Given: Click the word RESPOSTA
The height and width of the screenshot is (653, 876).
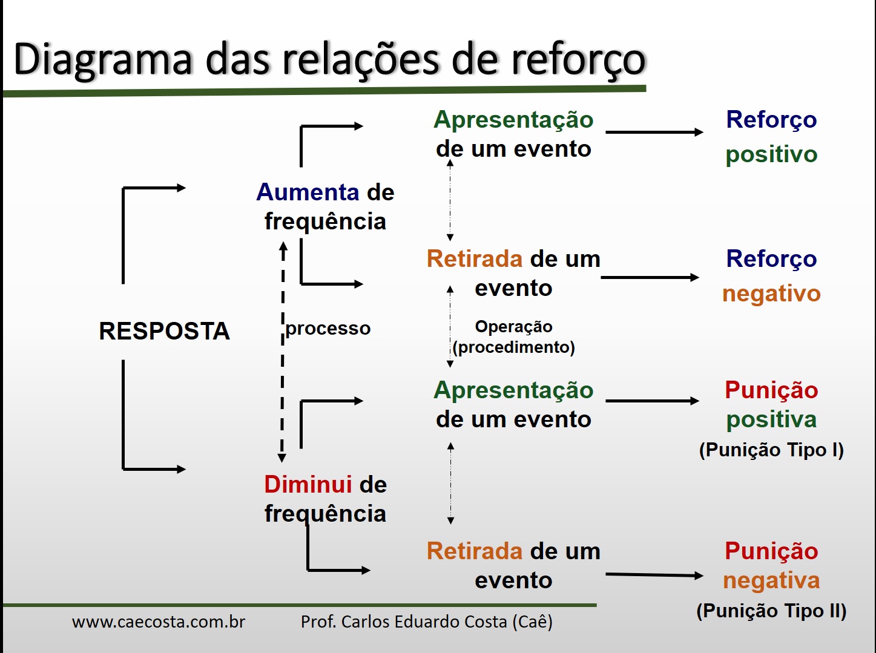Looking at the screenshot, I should coord(164,331).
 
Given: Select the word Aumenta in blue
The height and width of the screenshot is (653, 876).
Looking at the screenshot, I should coord(308,192).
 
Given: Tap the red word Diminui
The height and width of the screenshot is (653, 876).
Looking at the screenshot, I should coord(308,485).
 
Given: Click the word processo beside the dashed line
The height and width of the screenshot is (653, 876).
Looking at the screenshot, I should coord(328,329).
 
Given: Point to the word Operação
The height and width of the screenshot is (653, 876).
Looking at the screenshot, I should coord(513,327).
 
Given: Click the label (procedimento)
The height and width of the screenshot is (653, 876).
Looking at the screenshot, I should coord(513,347).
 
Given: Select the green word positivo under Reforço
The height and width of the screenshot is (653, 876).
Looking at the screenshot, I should coord(771,154).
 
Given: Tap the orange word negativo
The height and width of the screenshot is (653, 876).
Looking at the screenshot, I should coord(771,294).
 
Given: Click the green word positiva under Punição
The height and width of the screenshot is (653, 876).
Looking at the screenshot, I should coord(771,419).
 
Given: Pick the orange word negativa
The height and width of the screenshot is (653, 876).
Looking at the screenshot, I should coord(771,580).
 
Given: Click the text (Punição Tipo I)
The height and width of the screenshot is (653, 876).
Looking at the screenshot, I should coord(771,450).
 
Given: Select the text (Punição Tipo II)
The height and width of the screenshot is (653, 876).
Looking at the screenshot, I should coord(771,611).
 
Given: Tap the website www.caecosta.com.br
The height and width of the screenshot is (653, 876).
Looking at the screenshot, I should coord(159,622).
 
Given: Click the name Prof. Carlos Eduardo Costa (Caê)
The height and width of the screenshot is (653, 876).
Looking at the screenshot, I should coord(427,622).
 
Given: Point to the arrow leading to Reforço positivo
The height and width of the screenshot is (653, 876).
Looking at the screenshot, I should coord(654,132).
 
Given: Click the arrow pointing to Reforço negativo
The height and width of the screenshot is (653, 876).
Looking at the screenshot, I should coord(650,278).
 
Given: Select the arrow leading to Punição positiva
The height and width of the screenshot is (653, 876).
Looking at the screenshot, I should coord(652,401).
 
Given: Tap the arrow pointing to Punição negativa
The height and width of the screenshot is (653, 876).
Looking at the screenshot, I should coord(654,575).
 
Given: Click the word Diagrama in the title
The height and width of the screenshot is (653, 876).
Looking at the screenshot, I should coord(103,61).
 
